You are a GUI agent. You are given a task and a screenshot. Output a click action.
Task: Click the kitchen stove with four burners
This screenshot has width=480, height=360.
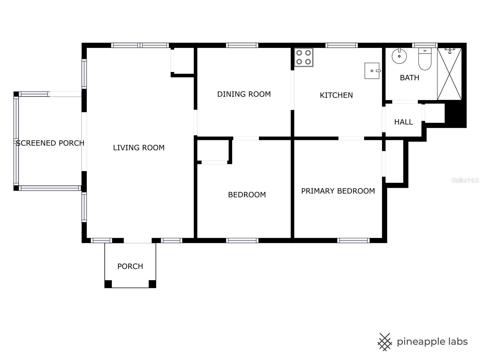coord(304,57)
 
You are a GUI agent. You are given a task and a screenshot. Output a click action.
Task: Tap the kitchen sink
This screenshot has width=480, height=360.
coord(372,70)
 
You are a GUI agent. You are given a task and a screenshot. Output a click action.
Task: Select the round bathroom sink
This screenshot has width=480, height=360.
coord(399,56)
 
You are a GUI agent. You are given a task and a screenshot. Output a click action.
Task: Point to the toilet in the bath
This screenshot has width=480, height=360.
coord(425,59)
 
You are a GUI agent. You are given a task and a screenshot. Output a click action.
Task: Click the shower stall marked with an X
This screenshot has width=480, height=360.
coord(449,74)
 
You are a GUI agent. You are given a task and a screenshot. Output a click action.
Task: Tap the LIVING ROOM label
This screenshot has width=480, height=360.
coord(139,148)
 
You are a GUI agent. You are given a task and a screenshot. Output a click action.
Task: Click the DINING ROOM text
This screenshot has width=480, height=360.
coord(244,94)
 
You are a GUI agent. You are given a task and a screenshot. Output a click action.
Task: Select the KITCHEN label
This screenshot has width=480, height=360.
coord(336,95)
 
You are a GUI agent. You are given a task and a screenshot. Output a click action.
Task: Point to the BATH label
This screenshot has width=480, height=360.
coord(409,78)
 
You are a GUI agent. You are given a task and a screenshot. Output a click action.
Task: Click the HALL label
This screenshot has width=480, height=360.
coord(403,122)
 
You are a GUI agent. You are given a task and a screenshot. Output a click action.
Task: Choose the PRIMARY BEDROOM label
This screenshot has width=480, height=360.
coord(338,191)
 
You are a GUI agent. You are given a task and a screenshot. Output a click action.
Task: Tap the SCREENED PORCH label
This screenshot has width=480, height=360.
coord(50,143)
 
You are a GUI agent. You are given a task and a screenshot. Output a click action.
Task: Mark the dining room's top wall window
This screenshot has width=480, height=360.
coord(242,45)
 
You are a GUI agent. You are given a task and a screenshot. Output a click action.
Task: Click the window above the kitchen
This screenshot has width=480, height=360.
coord(341,45)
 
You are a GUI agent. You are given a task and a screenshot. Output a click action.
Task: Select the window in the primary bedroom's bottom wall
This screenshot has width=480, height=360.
coord(353,240)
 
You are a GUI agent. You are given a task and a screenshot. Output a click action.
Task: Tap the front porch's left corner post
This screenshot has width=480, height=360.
coord(108,284)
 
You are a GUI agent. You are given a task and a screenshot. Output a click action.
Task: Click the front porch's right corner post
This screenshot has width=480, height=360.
coord(152,284)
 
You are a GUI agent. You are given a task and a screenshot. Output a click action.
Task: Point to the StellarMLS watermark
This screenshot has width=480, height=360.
coord(465,180)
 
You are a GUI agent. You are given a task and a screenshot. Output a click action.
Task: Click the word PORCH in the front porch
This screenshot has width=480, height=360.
coord(130,266)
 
